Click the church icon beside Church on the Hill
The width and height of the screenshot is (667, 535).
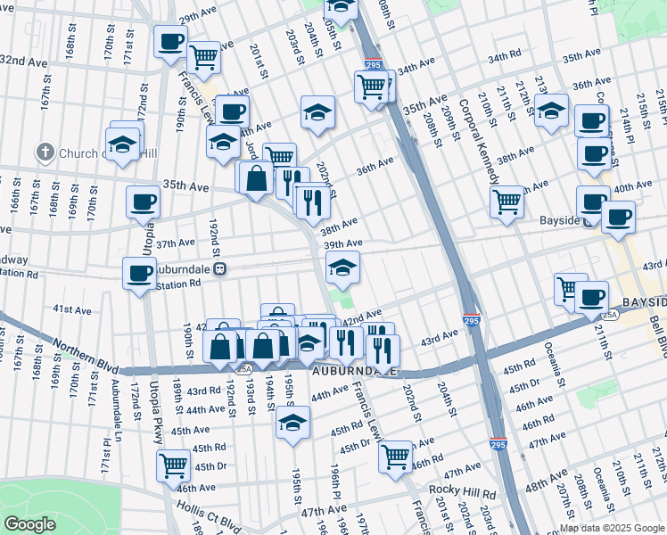coord(45,152)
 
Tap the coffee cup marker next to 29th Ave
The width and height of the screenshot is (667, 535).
coord(170,41)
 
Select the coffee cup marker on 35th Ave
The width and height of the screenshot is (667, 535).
coord(143,202)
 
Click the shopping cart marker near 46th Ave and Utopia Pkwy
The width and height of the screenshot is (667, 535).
coord(173,465)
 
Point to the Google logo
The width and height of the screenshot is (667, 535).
coord(29,524)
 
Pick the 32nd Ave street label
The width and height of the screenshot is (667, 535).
coord(23,62)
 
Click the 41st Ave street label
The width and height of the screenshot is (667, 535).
coord(71,309)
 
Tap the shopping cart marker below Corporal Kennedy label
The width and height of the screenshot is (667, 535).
coord(506,202)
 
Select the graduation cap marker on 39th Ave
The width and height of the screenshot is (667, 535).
coord(342,266)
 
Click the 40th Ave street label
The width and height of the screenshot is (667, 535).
coord(633,186)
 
